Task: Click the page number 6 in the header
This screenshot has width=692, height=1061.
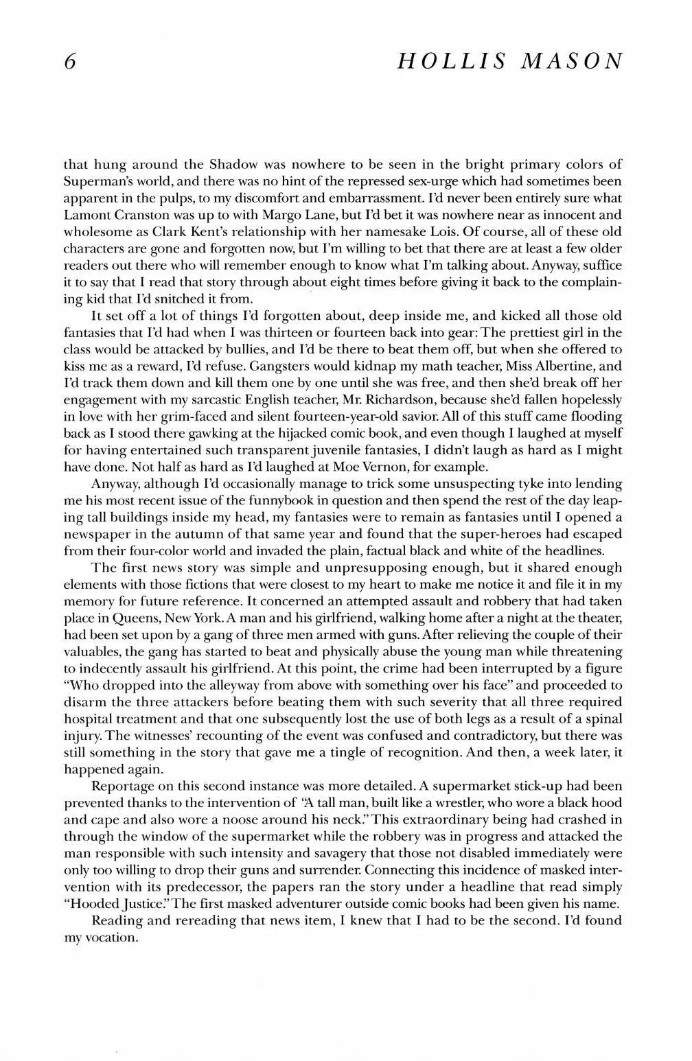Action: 68,61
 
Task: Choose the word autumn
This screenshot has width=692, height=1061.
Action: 216,534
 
